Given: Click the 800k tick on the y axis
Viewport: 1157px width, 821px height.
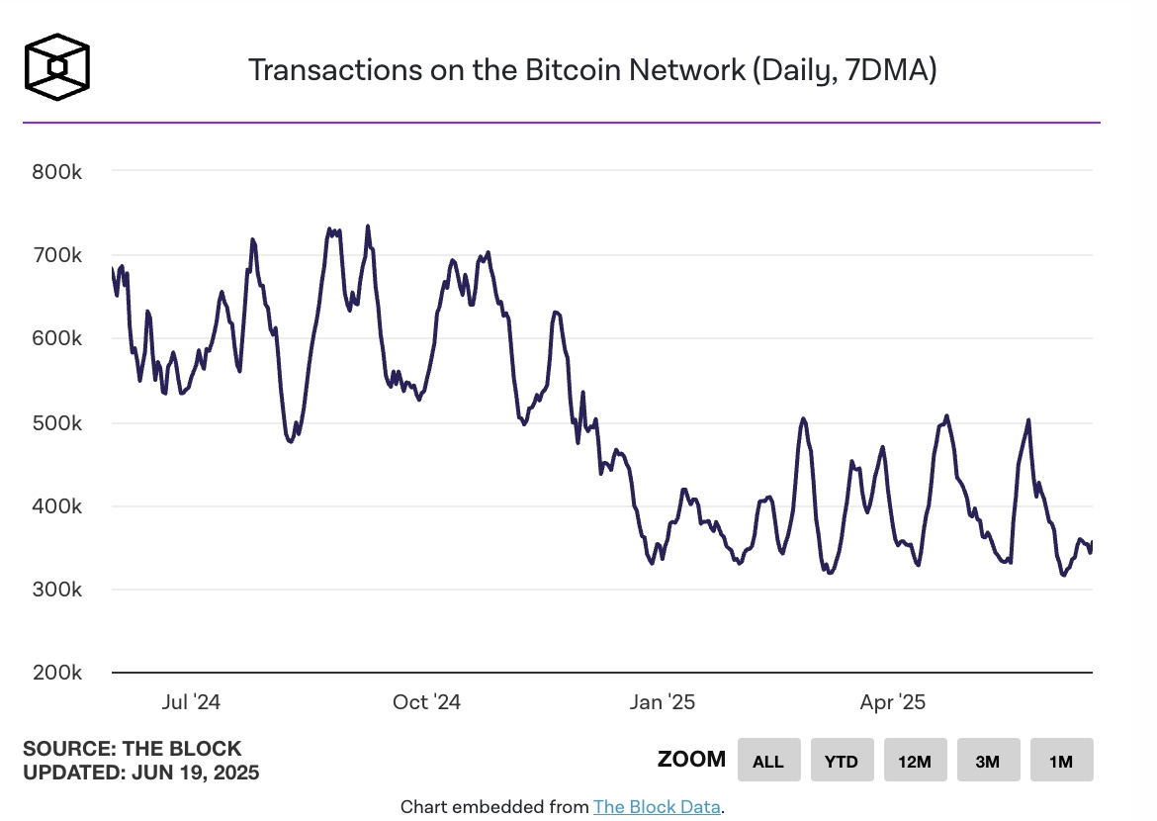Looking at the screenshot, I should click(56, 171).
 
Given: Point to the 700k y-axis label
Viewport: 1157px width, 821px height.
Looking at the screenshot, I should click(56, 255).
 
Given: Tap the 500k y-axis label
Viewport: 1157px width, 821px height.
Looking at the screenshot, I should click(56, 422).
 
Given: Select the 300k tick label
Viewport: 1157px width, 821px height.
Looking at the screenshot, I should click(56, 590).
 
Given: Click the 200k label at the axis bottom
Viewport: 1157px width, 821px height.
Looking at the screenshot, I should click(56, 673).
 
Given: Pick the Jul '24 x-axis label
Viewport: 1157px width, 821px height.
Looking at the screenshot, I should click(191, 702).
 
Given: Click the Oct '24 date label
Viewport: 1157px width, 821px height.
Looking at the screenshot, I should click(426, 702).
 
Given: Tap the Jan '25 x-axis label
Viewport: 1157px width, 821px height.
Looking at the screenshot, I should click(662, 702).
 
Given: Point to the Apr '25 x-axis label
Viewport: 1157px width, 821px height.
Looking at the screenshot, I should click(892, 702).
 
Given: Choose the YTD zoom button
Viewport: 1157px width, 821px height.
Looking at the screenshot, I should click(842, 761).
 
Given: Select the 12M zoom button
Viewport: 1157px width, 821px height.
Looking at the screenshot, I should click(915, 761).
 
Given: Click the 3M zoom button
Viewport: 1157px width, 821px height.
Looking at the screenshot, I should click(988, 761).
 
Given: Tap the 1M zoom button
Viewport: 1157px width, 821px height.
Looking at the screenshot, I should click(1061, 761).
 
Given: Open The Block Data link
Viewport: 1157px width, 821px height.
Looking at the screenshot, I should click(657, 807).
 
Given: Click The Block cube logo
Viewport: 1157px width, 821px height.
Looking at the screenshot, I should click(57, 67).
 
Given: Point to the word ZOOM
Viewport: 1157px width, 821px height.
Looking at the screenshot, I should click(691, 760).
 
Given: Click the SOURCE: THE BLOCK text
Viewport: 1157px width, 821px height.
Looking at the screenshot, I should click(132, 749).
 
